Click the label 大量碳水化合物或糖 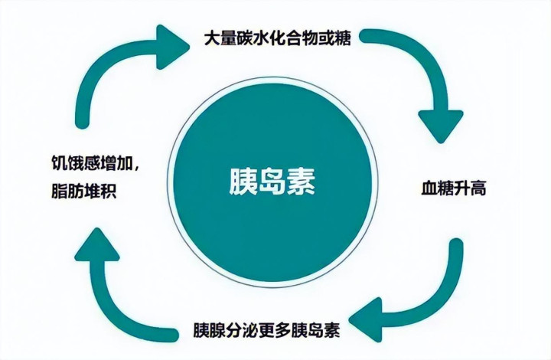(x=278, y=38)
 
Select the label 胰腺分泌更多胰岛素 (x=266, y=332)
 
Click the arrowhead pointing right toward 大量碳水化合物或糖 (x=173, y=43)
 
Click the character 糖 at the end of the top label (x=344, y=38)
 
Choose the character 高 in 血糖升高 (x=479, y=188)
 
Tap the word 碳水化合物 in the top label (x=278, y=38)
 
